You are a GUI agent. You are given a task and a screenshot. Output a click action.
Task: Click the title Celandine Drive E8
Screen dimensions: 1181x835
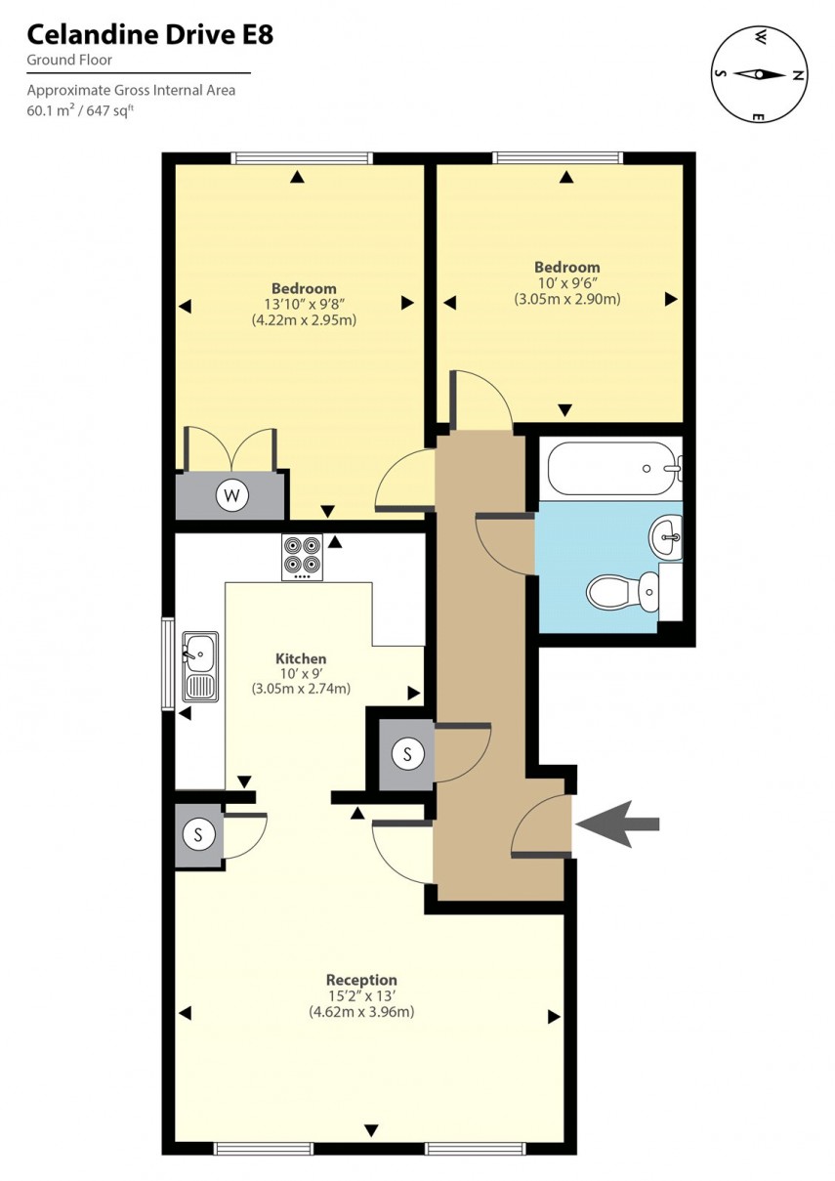pos(149,36)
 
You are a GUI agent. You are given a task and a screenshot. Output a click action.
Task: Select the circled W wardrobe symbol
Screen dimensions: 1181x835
pos(232,495)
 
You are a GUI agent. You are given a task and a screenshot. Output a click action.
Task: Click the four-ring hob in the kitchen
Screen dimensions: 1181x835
pos(302,557)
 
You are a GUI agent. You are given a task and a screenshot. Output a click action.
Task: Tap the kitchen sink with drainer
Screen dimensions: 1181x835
pos(200,666)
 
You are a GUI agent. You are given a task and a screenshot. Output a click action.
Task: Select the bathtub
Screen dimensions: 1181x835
pos(610,469)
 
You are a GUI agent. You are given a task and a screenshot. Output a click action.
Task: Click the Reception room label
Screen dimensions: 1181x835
pos(361,980)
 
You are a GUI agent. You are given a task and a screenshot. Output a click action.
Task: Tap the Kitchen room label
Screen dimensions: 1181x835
pos(301,658)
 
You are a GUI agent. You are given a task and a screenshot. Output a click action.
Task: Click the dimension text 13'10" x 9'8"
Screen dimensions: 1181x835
pos(304,304)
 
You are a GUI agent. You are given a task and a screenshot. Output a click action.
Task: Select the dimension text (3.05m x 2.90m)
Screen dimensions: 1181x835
pos(566,299)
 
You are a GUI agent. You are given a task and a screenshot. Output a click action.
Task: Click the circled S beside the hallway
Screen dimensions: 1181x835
pos(406,753)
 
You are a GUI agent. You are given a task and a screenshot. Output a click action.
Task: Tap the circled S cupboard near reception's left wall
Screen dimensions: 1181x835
pos(199,834)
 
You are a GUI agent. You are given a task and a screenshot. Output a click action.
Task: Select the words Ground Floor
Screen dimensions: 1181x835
pos(69,60)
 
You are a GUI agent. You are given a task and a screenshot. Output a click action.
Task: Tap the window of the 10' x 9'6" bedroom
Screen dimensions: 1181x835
pos(558,157)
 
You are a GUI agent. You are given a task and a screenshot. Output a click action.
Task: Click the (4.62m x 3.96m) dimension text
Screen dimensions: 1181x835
pos(361,1012)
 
